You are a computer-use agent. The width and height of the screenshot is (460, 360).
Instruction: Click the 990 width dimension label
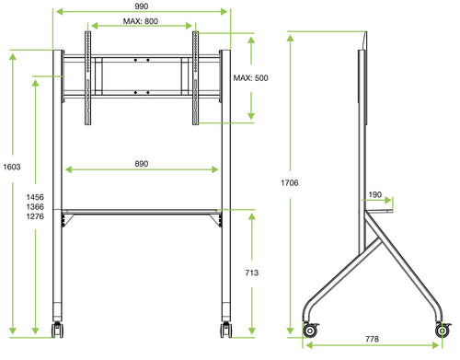tap(141, 6)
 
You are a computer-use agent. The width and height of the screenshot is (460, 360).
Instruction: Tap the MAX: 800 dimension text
tap(142, 21)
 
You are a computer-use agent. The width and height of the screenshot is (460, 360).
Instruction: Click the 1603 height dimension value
tap(12, 168)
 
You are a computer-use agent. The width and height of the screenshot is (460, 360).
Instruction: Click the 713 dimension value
tap(250, 273)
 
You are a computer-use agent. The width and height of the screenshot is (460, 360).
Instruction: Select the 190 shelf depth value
tap(374, 195)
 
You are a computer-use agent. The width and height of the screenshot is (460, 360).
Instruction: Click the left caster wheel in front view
tap(57, 329)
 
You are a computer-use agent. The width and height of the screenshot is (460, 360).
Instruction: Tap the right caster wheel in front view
tap(224, 329)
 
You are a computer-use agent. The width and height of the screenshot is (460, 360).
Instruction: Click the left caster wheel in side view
tap(310, 330)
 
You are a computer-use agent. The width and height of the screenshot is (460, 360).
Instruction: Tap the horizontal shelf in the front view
tap(142, 212)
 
